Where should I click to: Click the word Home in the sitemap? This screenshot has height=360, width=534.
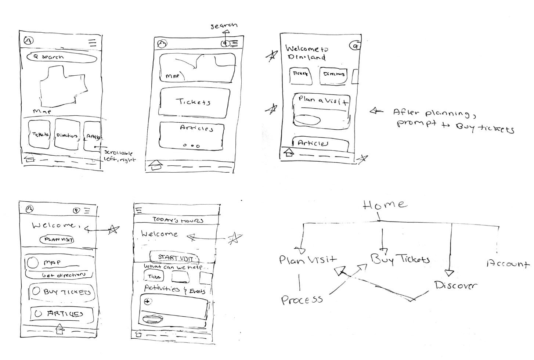[x=385, y=205]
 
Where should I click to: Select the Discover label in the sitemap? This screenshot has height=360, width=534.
[x=455, y=285]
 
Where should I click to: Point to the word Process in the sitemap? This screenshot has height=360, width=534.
[x=302, y=300]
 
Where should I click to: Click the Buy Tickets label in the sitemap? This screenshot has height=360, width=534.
[x=400, y=259]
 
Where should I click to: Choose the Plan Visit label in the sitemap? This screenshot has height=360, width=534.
[x=307, y=260]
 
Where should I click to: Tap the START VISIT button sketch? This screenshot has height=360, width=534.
[x=174, y=258]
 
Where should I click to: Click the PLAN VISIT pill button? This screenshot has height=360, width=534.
[x=57, y=240]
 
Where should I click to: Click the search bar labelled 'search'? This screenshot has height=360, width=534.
[x=59, y=57]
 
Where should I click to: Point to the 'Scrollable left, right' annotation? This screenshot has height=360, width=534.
[x=118, y=156]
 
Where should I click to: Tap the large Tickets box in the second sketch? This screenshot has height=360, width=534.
[x=195, y=102]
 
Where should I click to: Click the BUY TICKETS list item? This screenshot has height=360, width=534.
[x=62, y=292]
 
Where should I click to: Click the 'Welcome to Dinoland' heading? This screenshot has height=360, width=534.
[x=306, y=53]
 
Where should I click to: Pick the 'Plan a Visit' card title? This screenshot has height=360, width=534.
[x=322, y=100]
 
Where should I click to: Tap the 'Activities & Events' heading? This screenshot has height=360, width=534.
[x=174, y=289]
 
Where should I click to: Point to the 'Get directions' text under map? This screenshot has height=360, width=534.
[x=63, y=275]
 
